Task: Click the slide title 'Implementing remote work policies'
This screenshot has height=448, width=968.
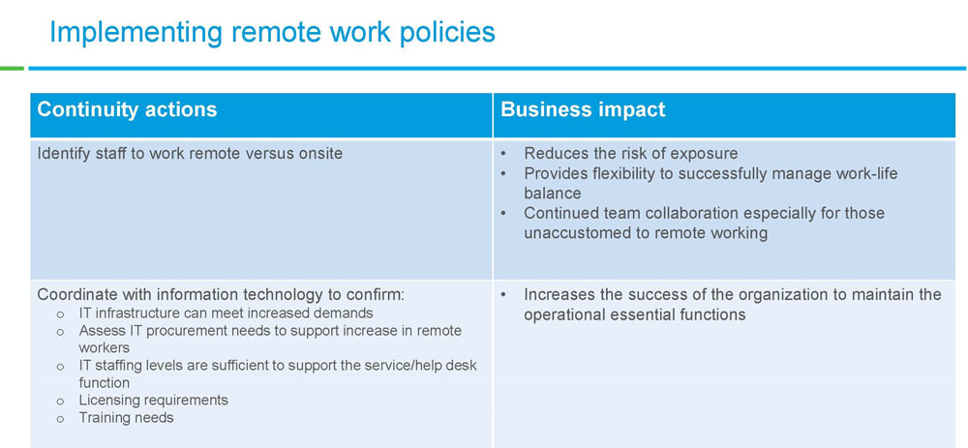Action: pyautogui.click(x=272, y=33)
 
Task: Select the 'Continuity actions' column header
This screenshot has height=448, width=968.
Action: pyautogui.click(x=127, y=110)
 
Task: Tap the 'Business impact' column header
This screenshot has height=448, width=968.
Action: pyautogui.click(x=583, y=110)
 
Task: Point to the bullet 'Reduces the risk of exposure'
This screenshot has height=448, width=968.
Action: pyautogui.click(x=631, y=153)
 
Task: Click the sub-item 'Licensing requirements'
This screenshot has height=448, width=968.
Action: pyautogui.click(x=153, y=400)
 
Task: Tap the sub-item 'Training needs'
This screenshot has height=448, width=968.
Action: pyautogui.click(x=126, y=418)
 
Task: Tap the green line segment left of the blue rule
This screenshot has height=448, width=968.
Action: pyautogui.click(x=12, y=68)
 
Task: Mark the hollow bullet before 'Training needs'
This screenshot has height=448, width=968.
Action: pyautogui.click(x=60, y=419)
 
